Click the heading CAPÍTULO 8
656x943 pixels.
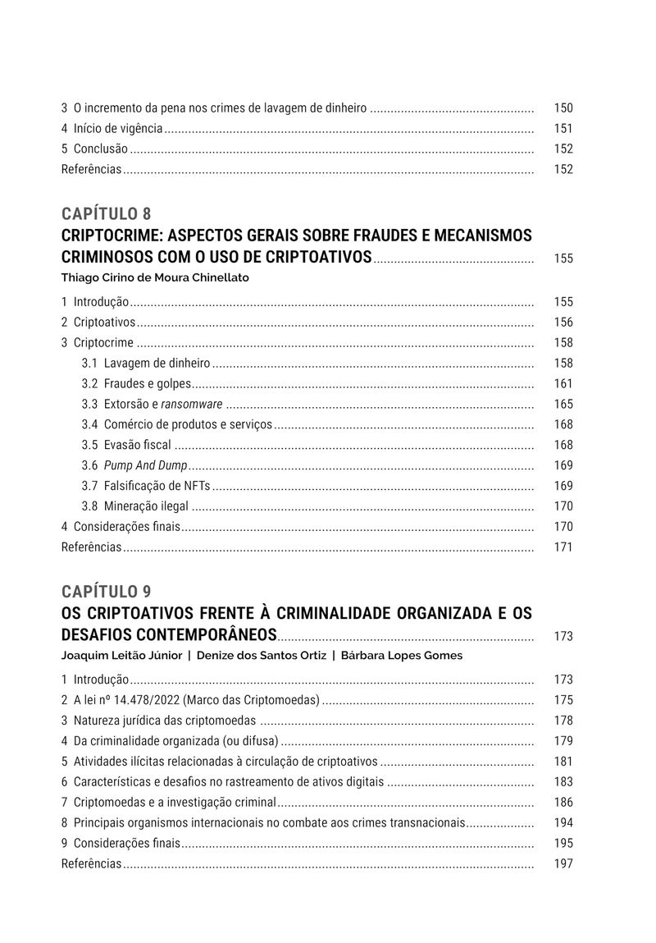point(106,214)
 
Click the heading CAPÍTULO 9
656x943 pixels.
point(106,591)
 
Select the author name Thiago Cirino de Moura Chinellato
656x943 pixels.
point(155,277)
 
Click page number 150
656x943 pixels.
point(563,108)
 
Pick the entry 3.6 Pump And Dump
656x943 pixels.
point(134,465)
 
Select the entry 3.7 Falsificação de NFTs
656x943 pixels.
point(146,486)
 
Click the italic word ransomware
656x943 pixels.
point(192,404)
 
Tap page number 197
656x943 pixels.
point(563,863)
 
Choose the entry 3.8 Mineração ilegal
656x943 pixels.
point(135,506)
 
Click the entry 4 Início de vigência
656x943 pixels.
point(112,128)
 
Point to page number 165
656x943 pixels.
point(563,404)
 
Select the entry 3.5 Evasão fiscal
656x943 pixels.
point(127,445)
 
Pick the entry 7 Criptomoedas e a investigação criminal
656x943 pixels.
point(169,802)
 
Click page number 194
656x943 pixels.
point(563,822)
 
